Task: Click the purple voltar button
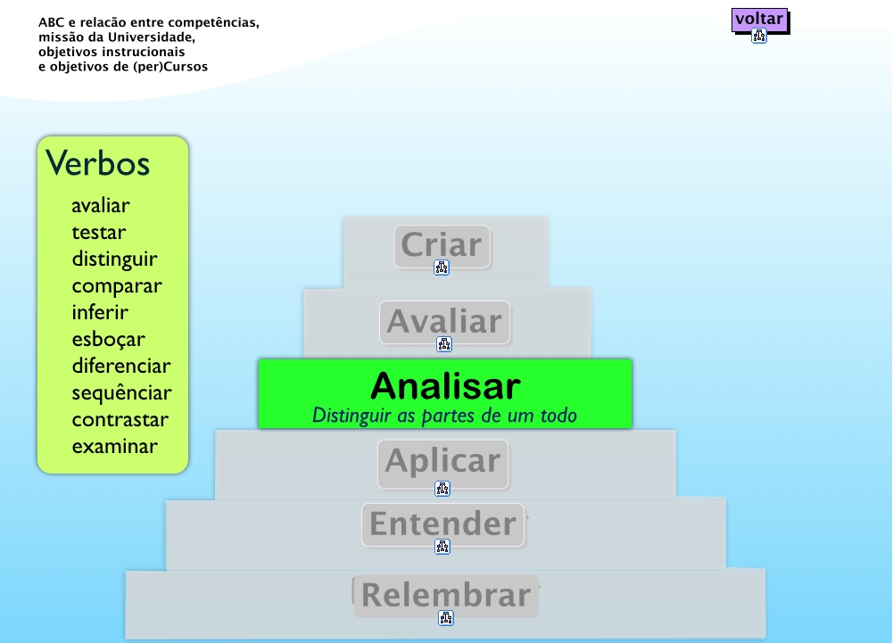[759, 19]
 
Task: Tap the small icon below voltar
[759, 37]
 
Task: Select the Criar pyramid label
[442, 244]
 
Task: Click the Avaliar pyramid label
[444, 321]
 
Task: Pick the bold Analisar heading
[445, 385]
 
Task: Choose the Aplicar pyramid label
[442, 461]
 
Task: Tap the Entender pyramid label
[442, 523]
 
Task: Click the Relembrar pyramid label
[446, 595]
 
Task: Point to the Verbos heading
[98, 163]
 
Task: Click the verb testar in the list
[99, 233]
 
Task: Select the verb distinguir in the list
[114, 260]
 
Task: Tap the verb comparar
[117, 286]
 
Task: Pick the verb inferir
[100, 313]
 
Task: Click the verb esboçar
[108, 340]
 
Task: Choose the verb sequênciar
[121, 393]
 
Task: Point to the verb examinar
[114, 447]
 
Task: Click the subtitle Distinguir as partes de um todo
[444, 416]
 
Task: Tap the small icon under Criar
[442, 268]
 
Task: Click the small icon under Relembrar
[446, 617]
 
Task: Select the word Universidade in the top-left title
[150, 37]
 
